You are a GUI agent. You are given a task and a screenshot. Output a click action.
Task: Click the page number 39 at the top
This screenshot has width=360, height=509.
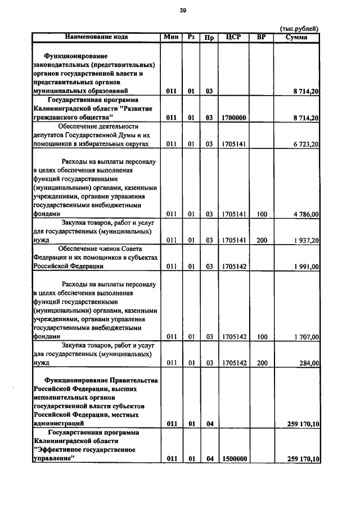tap(183, 10)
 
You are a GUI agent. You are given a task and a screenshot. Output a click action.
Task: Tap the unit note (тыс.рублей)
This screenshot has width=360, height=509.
tap(299, 29)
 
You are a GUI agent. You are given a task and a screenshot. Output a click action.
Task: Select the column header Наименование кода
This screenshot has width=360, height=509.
tap(96, 37)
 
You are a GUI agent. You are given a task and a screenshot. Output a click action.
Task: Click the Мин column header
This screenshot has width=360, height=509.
tap(171, 37)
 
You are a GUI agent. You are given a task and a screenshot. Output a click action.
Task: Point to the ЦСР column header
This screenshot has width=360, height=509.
tap(233, 37)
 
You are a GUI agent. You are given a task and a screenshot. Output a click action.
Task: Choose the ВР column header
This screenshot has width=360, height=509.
tap(261, 37)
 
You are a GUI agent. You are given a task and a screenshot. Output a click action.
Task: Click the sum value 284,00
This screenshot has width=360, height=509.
tap(309, 363)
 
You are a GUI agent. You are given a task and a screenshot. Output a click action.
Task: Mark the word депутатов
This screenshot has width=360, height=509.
tap(49, 136)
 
